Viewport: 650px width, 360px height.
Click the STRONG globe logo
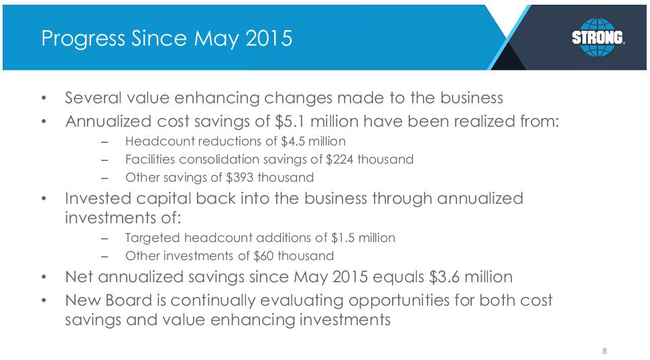click(x=598, y=38)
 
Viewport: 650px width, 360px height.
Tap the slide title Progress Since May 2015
click(x=167, y=39)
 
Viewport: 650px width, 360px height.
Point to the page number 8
click(x=604, y=351)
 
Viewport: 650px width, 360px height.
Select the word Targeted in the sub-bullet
click(x=153, y=238)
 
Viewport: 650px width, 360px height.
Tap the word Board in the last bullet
click(x=129, y=300)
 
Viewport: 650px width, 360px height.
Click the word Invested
click(x=97, y=198)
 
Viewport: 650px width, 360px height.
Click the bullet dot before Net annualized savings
click(x=44, y=277)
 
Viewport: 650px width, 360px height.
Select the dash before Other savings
click(x=105, y=178)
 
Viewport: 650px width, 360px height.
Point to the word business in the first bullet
click(x=472, y=98)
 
